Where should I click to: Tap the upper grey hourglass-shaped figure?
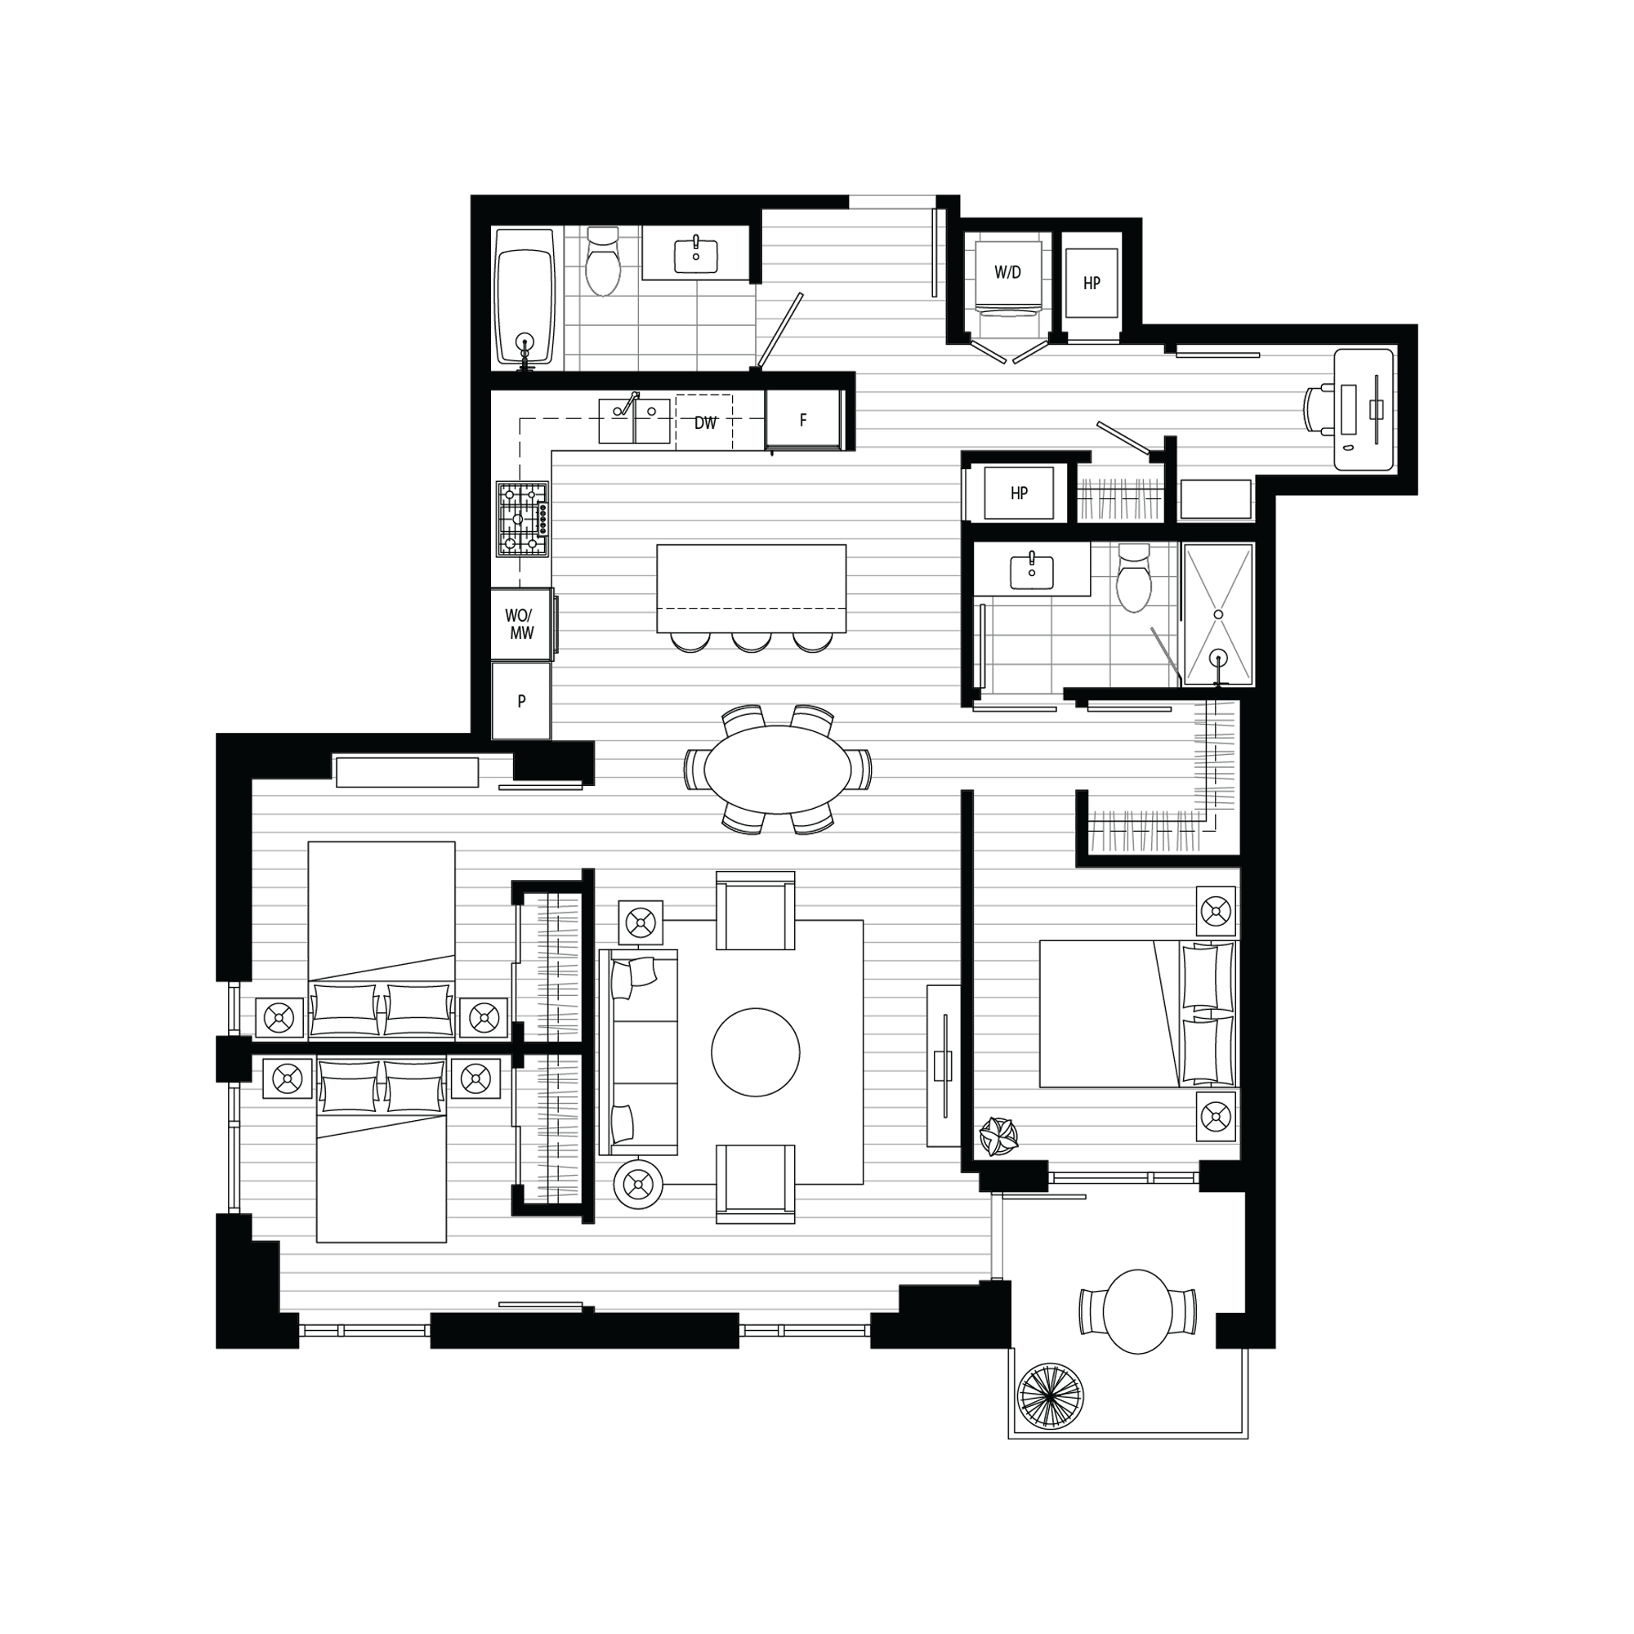[1218, 579]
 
